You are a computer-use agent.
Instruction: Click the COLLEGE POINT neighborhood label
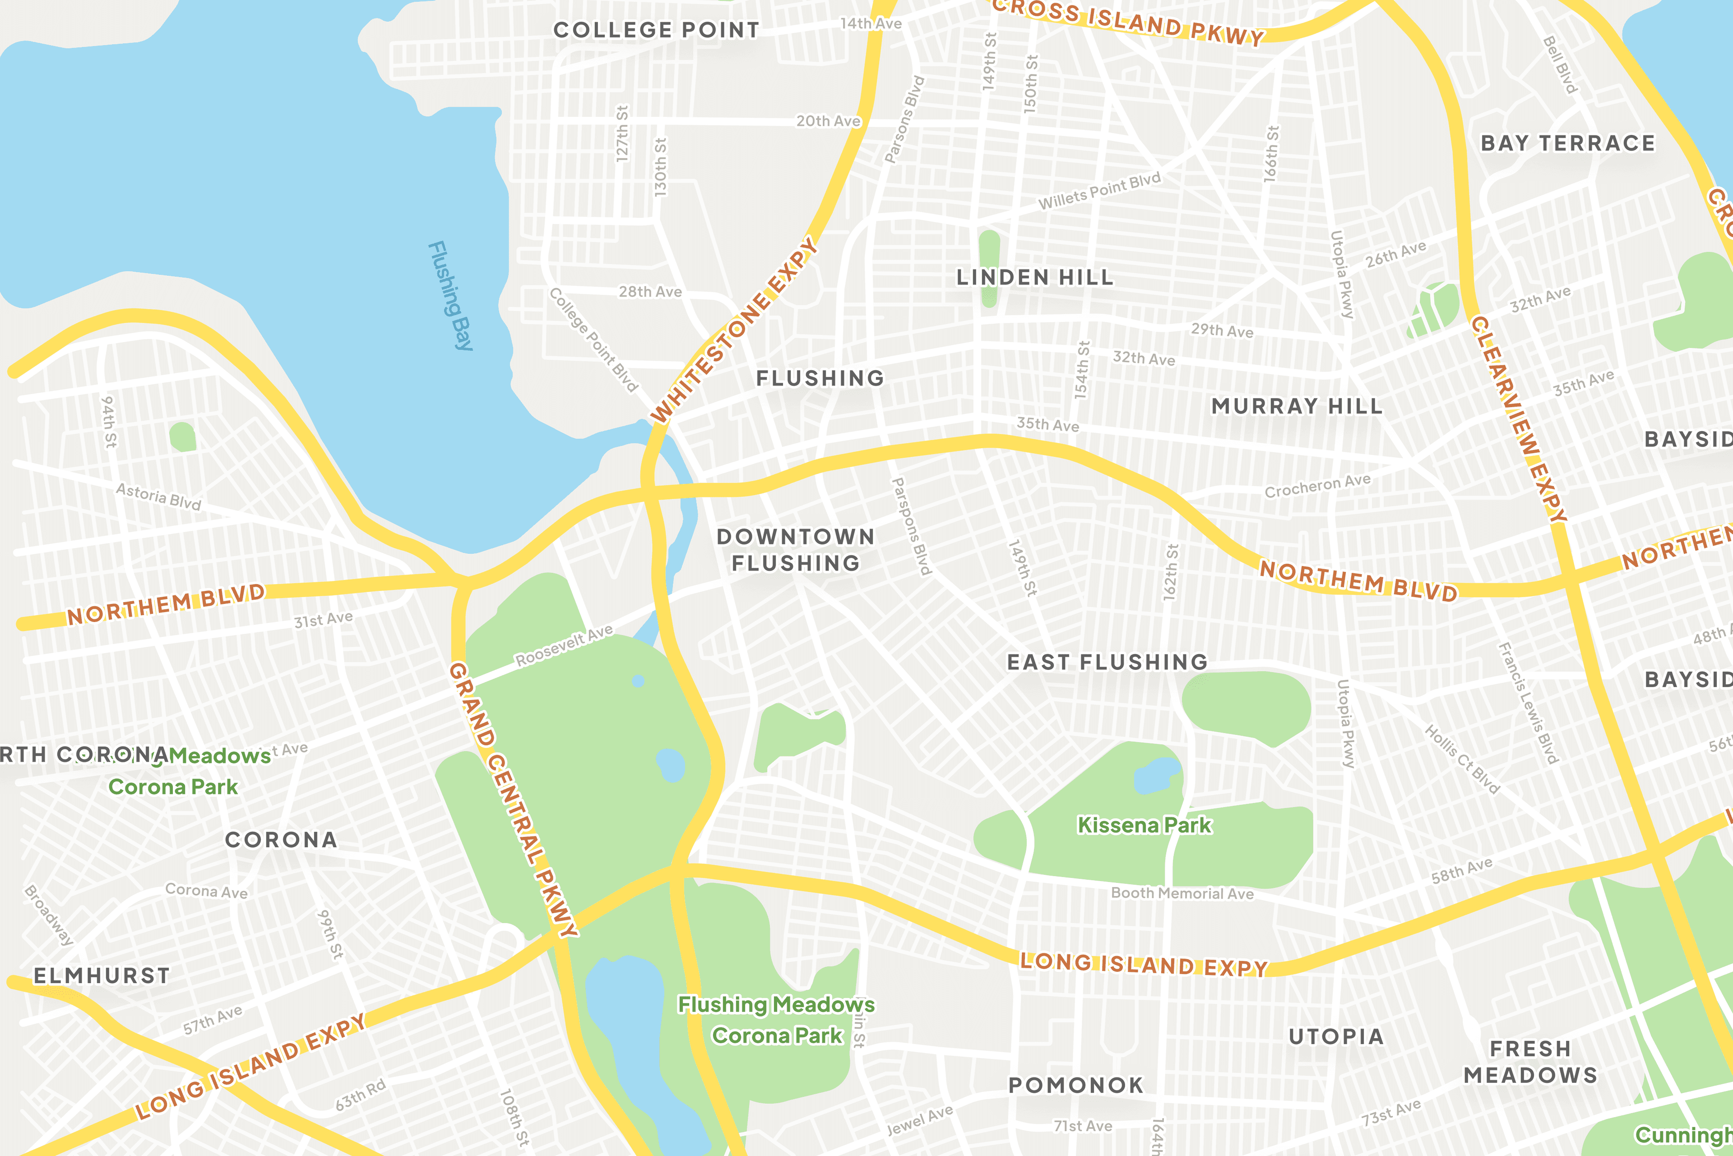click(x=656, y=30)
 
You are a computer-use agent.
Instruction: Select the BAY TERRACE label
click(x=1568, y=143)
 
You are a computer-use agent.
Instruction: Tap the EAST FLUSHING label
click(x=1107, y=662)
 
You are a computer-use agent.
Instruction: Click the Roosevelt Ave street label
click(x=564, y=646)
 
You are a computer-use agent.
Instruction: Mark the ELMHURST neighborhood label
click(x=102, y=976)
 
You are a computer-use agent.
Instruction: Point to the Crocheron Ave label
click(x=1317, y=486)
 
